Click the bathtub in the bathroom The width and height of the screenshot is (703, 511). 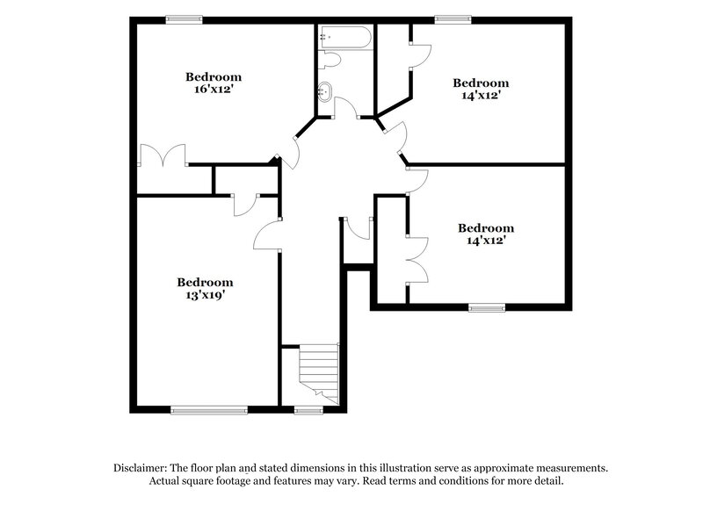click(x=345, y=37)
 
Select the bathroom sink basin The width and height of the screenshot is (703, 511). click(x=326, y=90)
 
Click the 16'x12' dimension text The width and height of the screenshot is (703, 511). click(x=213, y=89)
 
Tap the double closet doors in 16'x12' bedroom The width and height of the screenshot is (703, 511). click(x=163, y=155)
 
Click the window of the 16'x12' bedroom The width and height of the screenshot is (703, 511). click(x=185, y=19)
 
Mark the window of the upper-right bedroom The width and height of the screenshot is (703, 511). click(x=453, y=19)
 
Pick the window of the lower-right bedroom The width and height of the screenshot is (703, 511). click(x=486, y=307)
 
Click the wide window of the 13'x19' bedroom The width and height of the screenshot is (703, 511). click(x=209, y=409)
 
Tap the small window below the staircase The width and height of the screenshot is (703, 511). click(x=308, y=409)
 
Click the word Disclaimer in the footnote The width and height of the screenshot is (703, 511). click(x=141, y=468)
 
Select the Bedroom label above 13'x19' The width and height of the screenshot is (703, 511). click(x=205, y=282)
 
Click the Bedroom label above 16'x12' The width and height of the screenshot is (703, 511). click(x=213, y=76)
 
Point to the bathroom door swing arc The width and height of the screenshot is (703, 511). click(x=345, y=107)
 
